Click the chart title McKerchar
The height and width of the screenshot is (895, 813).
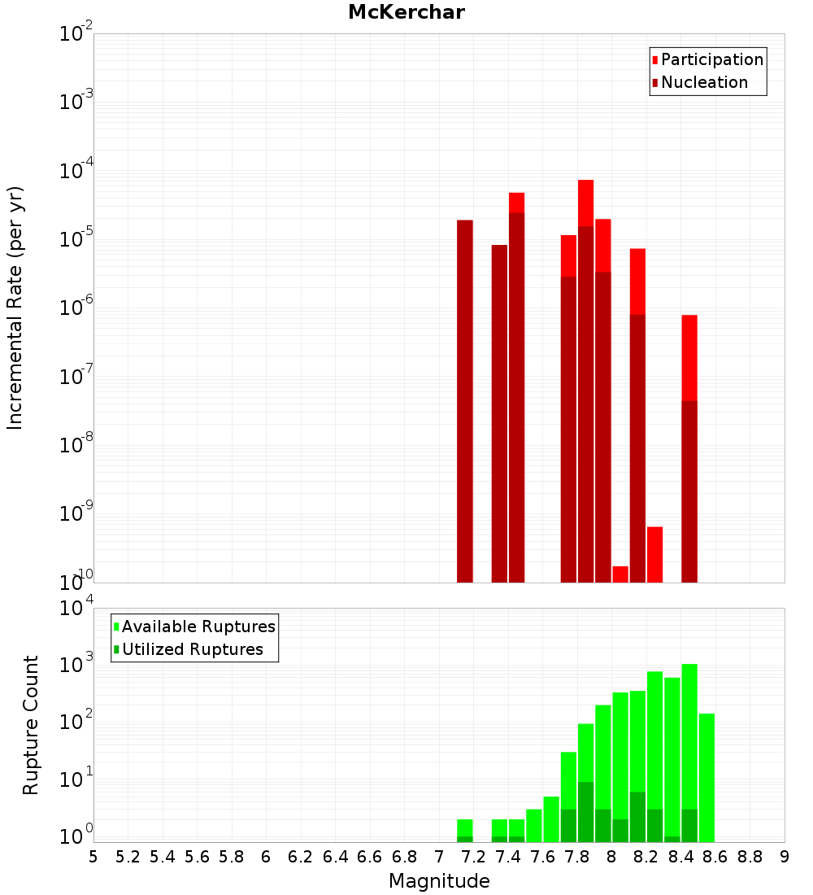(406, 12)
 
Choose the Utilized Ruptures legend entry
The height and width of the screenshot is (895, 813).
(192, 649)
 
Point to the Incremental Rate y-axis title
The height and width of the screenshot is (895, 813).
(15, 308)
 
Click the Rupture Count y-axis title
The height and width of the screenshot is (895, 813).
(31, 724)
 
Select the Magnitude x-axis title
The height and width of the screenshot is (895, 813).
(439, 880)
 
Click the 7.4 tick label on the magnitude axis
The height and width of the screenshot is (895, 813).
(508, 856)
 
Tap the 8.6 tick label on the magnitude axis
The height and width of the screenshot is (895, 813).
(715, 856)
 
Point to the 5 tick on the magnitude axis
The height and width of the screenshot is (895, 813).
(93, 856)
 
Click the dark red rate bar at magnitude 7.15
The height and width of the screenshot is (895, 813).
(465, 399)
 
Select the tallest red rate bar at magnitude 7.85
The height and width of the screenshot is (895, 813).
(586, 382)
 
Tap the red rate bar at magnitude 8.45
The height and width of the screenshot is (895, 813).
(689, 447)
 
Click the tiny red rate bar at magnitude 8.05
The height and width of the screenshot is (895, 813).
(620, 574)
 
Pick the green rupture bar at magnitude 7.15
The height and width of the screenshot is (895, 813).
(465, 830)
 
